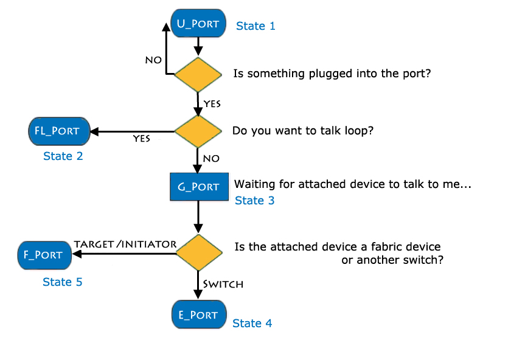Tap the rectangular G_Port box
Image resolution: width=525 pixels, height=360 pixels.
pyautogui.click(x=198, y=186)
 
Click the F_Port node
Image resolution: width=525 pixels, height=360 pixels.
pyautogui.click(x=44, y=254)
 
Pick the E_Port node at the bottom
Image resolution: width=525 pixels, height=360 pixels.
pyautogui.click(x=198, y=314)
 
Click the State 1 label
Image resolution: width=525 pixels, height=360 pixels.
pyautogui.click(x=256, y=26)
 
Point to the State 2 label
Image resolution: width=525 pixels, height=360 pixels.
pyautogui.click(x=63, y=156)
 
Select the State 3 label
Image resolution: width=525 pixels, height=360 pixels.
pyautogui.click(x=254, y=201)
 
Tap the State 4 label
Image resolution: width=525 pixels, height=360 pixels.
pyautogui.click(x=252, y=324)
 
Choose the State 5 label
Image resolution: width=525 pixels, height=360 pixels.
pyautogui.click(x=63, y=282)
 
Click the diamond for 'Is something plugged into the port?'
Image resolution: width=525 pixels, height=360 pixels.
pyautogui.click(x=198, y=74)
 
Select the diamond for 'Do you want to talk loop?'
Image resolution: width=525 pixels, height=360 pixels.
pyautogui.click(x=198, y=131)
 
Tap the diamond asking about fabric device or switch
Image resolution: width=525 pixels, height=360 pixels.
pyautogui.click(x=198, y=254)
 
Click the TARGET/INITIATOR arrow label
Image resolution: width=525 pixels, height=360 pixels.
pyautogui.click(x=125, y=244)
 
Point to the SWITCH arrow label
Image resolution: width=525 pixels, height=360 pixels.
pyautogui.click(x=223, y=284)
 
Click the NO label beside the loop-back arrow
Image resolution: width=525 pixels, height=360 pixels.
pyautogui.click(x=153, y=60)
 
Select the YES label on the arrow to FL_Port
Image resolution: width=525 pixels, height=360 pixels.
pyautogui.click(x=142, y=139)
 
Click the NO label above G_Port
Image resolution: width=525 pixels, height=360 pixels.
pyautogui.click(x=210, y=158)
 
